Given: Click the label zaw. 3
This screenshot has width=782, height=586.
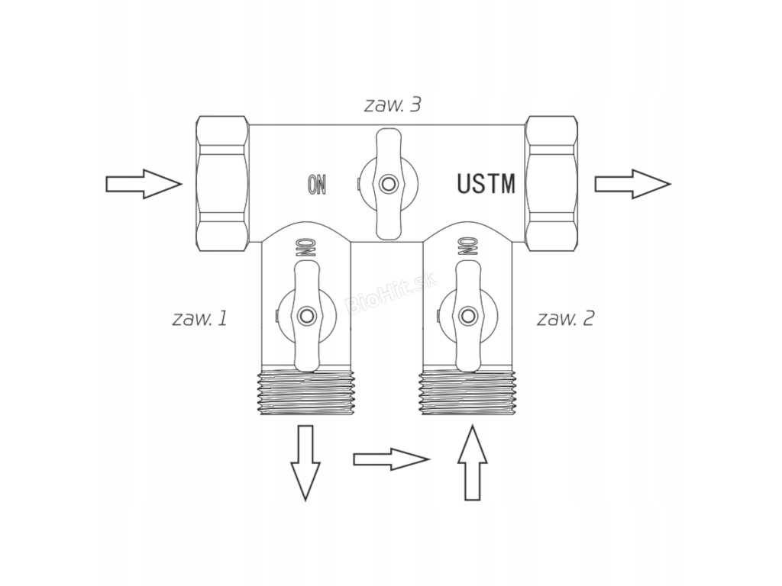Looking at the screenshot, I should [x=392, y=105].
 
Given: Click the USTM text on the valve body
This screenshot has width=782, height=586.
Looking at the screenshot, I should [x=486, y=184].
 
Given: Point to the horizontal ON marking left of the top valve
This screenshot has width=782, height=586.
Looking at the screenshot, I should [x=317, y=183].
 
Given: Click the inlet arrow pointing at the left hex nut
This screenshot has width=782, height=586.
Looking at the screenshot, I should [x=143, y=184].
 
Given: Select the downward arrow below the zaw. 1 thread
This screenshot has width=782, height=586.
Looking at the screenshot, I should [x=305, y=462].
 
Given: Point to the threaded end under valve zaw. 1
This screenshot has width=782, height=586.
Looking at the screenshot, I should [x=305, y=392].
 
